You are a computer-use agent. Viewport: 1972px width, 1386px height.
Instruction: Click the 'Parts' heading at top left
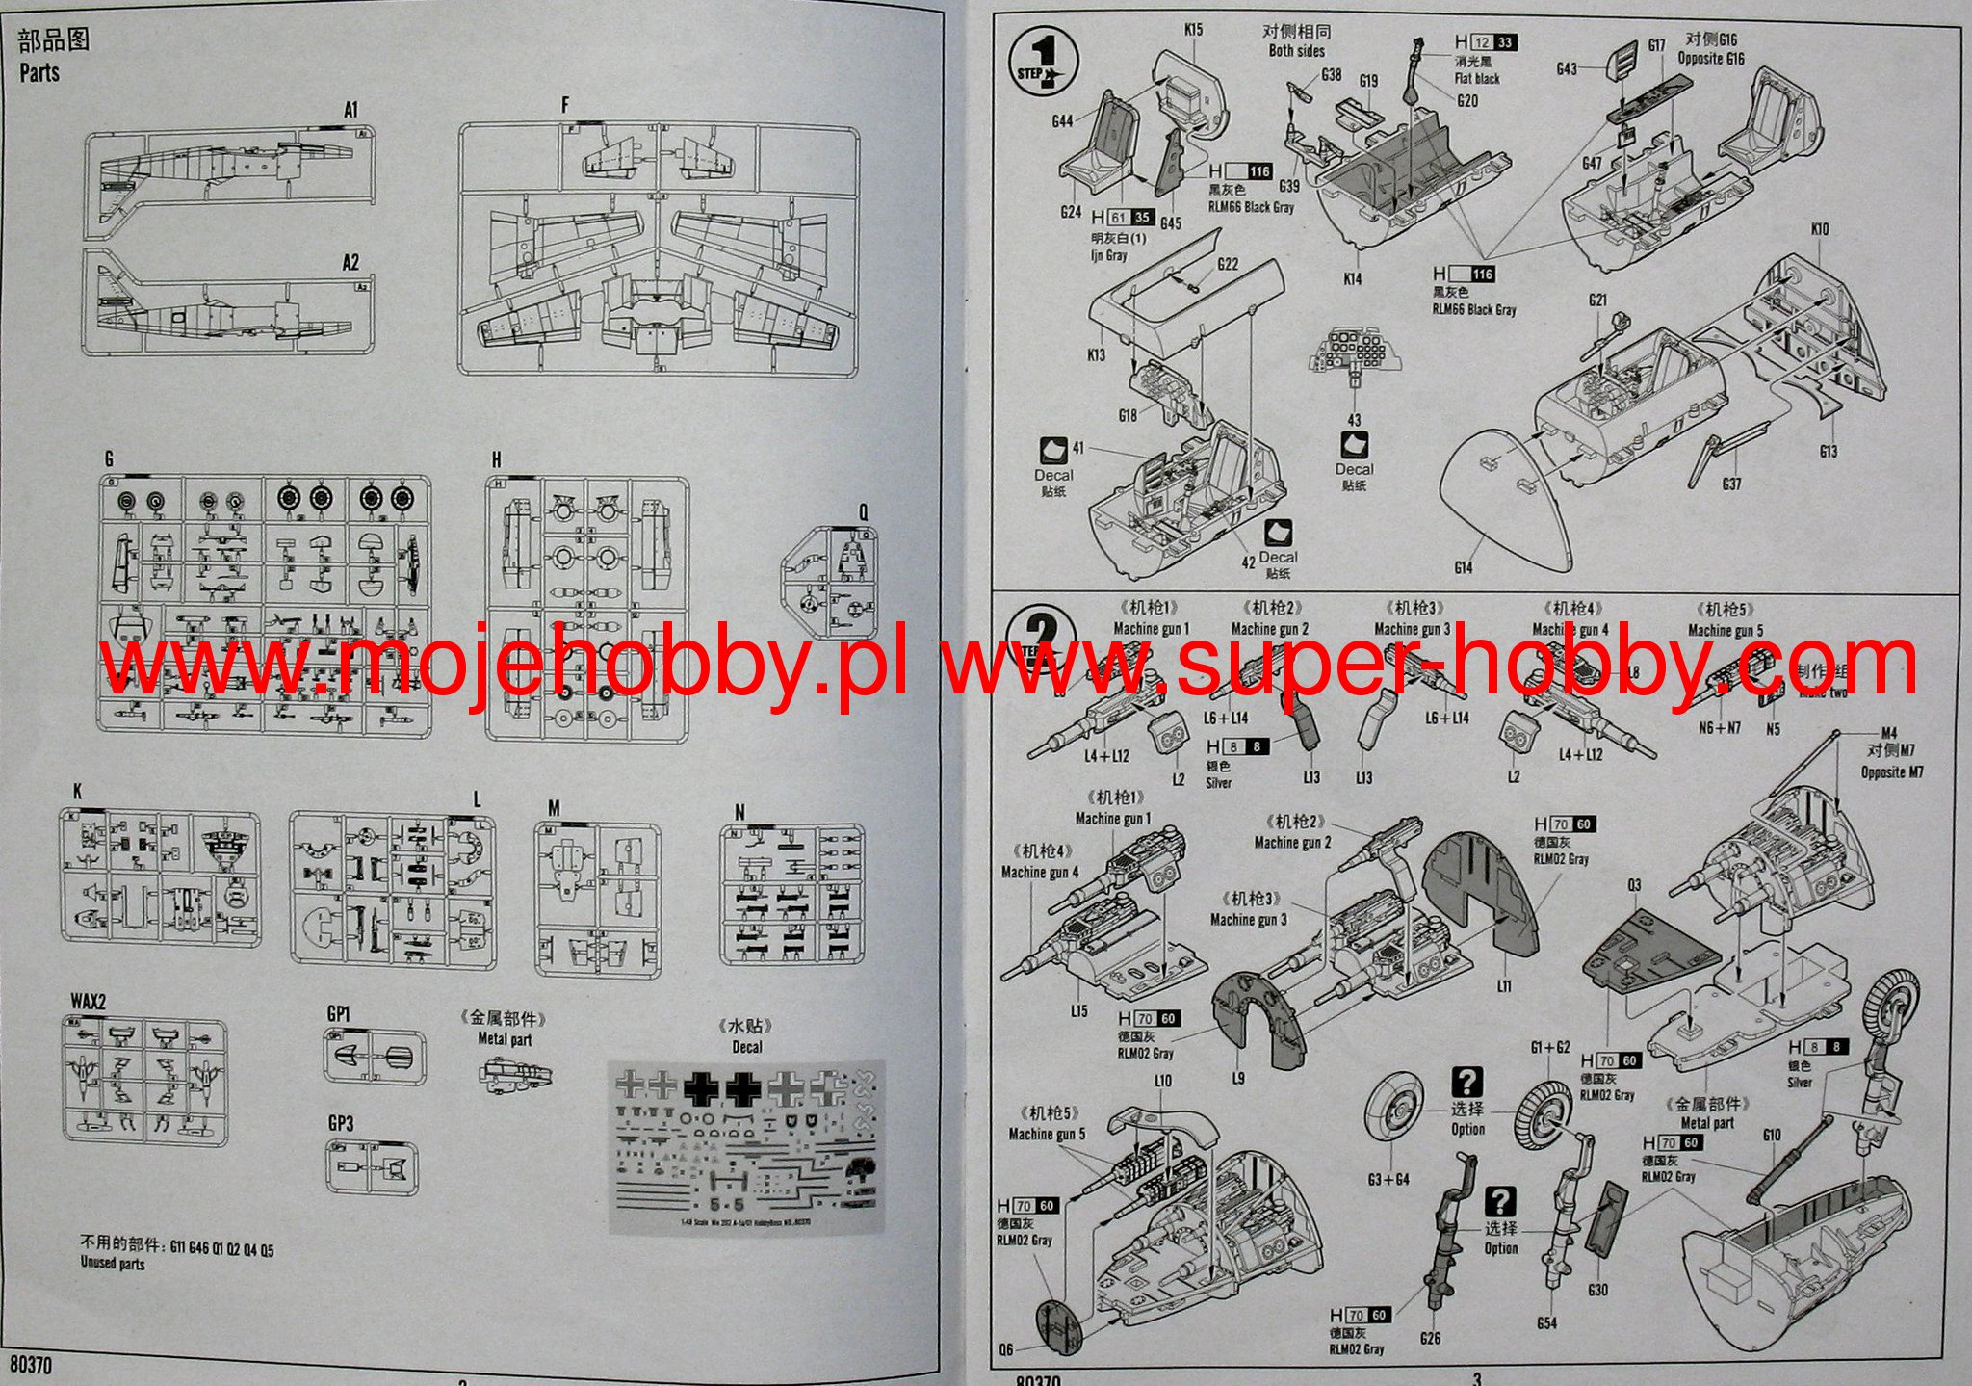39,73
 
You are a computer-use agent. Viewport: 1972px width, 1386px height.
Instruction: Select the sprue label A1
350,110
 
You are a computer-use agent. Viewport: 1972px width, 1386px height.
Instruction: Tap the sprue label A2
350,262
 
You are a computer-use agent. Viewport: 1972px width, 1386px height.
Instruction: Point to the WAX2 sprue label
89,1002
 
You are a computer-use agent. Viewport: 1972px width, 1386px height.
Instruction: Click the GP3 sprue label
340,1124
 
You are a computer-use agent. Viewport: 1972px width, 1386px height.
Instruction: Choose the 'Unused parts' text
113,1263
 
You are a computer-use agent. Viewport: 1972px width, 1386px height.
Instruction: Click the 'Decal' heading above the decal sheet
746,1047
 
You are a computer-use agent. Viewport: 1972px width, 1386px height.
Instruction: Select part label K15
1193,30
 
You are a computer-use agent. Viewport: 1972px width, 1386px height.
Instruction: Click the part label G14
1463,567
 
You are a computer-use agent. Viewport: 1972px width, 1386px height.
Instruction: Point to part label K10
1819,229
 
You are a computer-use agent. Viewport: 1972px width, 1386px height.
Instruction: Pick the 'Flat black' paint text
1477,79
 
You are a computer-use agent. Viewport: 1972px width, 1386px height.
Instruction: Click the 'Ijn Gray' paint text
1109,255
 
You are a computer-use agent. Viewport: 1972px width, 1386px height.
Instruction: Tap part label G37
1731,484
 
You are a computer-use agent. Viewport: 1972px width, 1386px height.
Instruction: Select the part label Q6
1006,1349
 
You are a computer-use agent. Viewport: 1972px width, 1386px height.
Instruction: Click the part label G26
1430,1337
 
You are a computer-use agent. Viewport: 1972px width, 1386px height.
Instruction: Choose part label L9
1238,1078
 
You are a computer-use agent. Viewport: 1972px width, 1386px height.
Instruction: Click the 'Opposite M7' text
1892,772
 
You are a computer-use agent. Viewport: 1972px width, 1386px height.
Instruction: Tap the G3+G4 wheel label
1388,1179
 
